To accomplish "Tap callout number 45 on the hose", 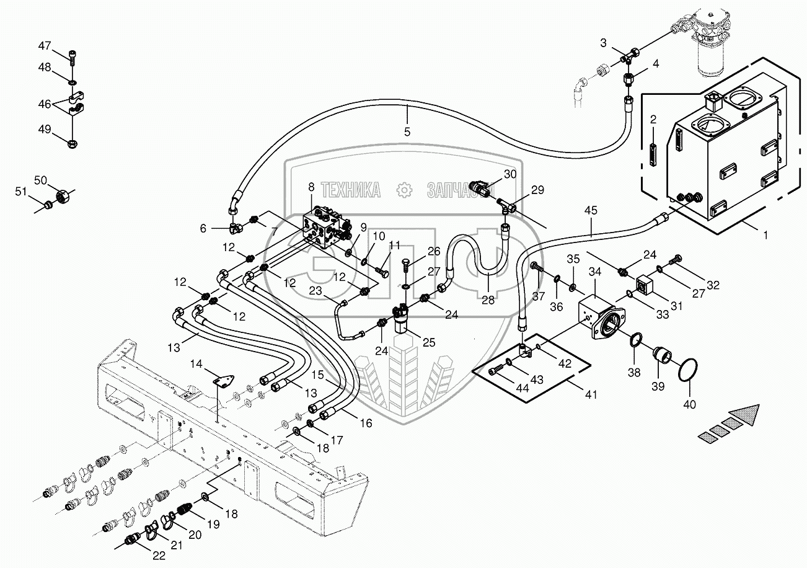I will [x=590, y=210].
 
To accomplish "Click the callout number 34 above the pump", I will [x=595, y=272].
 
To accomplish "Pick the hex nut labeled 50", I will [x=63, y=197].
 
